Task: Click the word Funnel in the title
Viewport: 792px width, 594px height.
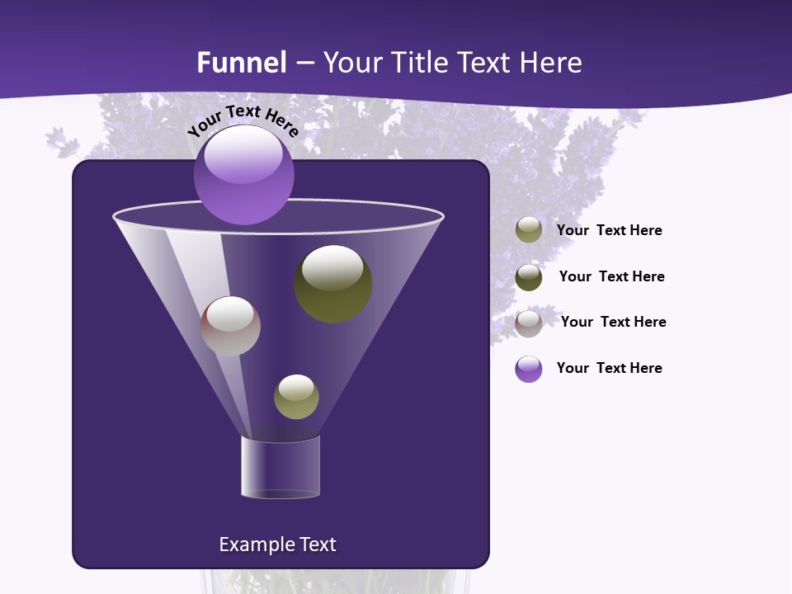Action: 241,63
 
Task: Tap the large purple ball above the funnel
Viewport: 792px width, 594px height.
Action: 243,175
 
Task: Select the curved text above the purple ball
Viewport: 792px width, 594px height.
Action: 243,121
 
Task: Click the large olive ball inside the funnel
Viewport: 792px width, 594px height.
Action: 332,283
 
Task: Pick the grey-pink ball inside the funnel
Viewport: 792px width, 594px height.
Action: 231,326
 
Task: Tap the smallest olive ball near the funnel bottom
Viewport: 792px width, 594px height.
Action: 296,397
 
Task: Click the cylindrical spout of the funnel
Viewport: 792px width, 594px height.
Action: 280,468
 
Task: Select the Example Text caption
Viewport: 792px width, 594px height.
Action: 277,544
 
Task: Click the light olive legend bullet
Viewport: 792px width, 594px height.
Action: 529,230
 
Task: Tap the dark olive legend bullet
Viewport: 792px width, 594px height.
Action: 529,277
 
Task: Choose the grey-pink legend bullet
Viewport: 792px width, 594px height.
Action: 529,323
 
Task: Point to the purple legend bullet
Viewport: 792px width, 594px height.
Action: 529,369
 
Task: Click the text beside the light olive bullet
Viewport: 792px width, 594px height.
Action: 609,231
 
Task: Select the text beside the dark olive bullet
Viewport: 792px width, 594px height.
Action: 611,277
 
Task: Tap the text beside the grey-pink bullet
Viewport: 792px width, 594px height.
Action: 613,323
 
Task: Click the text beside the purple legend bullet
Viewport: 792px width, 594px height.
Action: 609,369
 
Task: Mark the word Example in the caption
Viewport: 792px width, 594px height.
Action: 251,544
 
